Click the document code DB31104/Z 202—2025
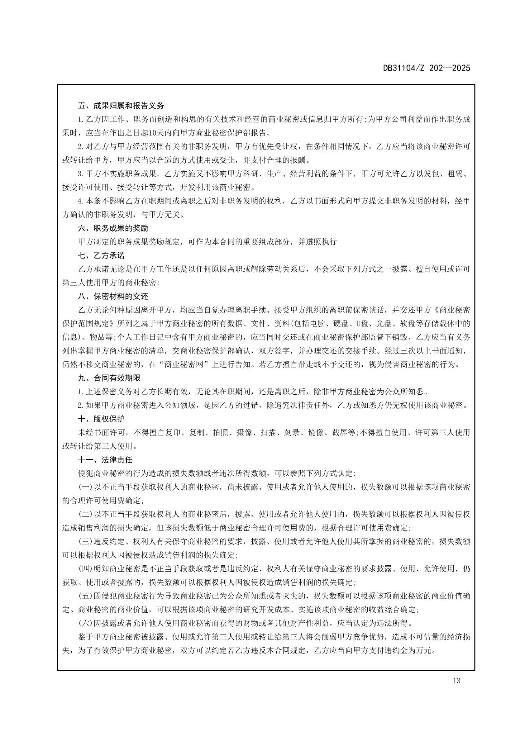pyautogui.click(x=427, y=68)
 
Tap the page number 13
pyautogui.click(x=456, y=681)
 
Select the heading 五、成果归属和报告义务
pyautogui.click(x=121, y=106)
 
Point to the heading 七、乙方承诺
pyautogui.click(x=101, y=255)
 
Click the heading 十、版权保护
pyautogui.click(x=101, y=419)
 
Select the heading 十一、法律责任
pyautogui.click(x=105, y=460)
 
